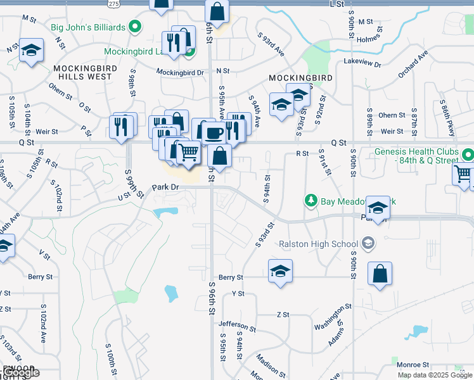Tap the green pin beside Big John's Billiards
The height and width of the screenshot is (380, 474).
(134, 27)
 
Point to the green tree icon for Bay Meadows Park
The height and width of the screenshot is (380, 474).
(311, 201)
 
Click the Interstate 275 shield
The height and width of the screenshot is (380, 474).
(113, 4)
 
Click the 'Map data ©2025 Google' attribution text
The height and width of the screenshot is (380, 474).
(434, 375)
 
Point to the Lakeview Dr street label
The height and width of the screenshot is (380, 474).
(362, 64)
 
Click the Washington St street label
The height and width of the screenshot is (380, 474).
(333, 317)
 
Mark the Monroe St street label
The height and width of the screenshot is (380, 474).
(413, 365)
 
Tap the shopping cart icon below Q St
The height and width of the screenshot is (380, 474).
(188, 153)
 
